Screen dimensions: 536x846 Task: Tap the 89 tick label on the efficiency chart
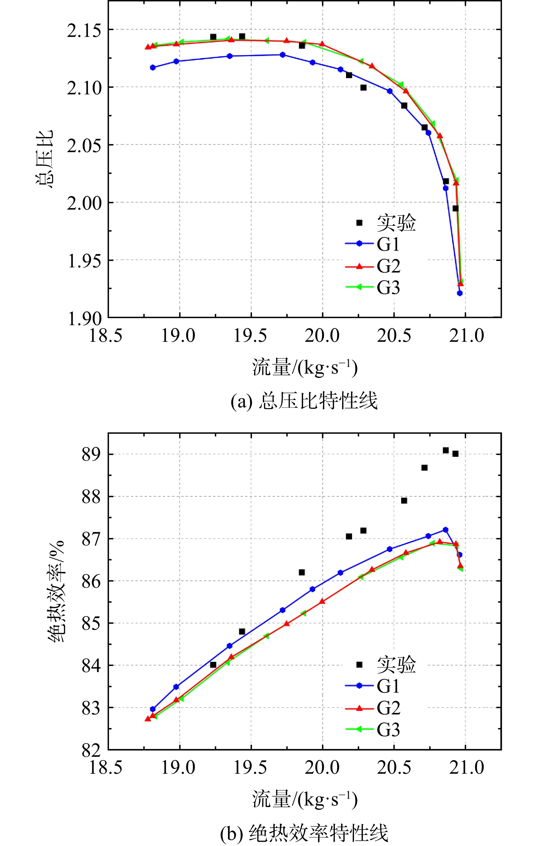[x=91, y=455]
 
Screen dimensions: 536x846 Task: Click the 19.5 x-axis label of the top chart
[x=250, y=335]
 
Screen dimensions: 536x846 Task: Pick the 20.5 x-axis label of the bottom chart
[x=394, y=767]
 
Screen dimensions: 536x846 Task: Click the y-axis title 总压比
[x=44, y=159]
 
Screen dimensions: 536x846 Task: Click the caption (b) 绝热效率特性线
[x=304, y=833]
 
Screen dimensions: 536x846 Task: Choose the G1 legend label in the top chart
[x=388, y=244]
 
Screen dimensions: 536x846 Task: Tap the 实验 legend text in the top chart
[x=396, y=223]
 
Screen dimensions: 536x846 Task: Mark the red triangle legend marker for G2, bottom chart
[x=359, y=708]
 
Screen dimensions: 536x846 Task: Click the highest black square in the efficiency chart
[x=445, y=450]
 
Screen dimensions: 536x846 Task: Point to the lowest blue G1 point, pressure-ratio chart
[x=459, y=293]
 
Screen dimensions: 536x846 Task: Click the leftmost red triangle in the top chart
[x=148, y=47]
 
